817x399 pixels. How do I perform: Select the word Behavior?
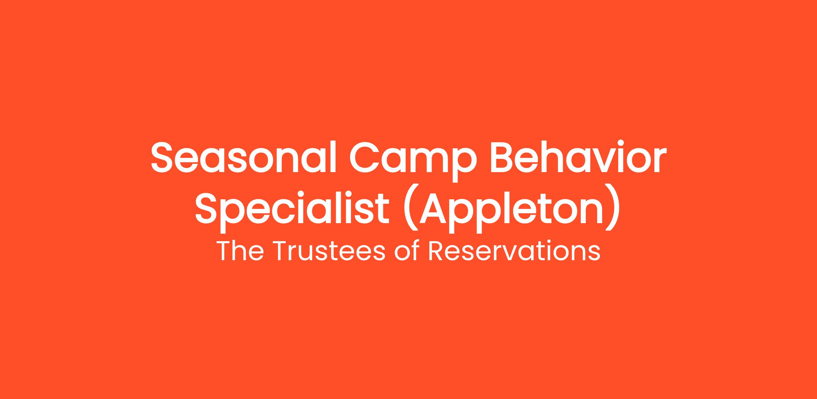[x=577, y=156]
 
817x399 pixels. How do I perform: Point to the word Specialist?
[x=292, y=207]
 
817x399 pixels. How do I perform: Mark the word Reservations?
[x=514, y=251]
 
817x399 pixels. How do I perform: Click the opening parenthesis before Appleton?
[x=410, y=208]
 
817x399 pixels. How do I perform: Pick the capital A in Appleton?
[x=433, y=207]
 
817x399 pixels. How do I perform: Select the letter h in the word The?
[x=241, y=251]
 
